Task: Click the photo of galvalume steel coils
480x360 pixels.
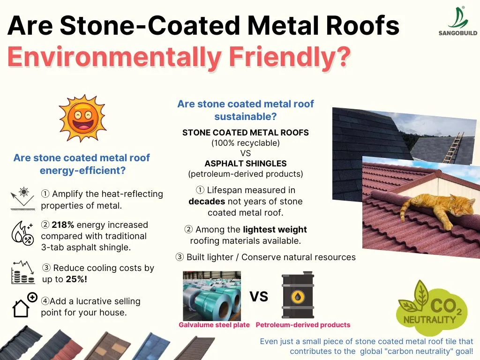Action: pos(212,295)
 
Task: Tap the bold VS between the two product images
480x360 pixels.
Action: pos(259,296)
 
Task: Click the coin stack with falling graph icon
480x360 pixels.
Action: pos(23,273)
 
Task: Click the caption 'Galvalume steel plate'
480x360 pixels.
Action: pos(214,325)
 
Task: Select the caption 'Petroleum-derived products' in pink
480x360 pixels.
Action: pos(303,325)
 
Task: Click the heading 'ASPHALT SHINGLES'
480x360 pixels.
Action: pos(245,164)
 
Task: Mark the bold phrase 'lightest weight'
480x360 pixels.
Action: pos(275,230)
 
